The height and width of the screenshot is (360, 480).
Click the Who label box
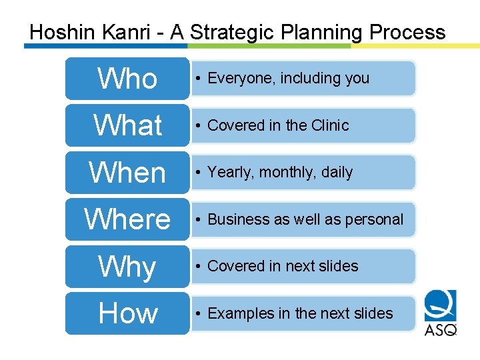pyautogui.click(x=127, y=79)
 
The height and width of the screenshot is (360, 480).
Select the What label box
pyautogui.click(x=127, y=125)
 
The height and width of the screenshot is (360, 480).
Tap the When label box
pyautogui.click(x=127, y=173)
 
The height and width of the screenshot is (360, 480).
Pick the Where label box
pyautogui.click(x=127, y=219)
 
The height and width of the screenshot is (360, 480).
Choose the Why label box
pyautogui.click(x=127, y=267)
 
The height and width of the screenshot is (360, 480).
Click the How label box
pyautogui.click(x=127, y=313)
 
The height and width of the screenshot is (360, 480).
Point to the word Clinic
pyautogui.click(x=329, y=125)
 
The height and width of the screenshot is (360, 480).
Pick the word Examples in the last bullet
pyautogui.click(x=241, y=313)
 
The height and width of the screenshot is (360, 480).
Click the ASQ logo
pyautogui.click(x=441, y=313)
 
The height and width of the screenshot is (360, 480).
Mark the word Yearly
pyautogui.click(x=230, y=173)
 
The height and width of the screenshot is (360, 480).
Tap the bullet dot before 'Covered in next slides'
pyautogui.click(x=198, y=267)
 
